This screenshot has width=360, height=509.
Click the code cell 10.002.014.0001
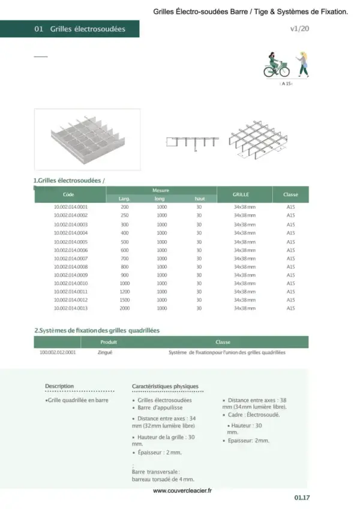point(71,207)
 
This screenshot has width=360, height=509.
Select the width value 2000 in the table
point(125,308)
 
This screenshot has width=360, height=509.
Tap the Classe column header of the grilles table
point(290,194)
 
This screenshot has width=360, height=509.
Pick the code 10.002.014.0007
point(71,258)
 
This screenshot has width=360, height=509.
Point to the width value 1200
point(125,291)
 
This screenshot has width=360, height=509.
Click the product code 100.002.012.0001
point(58,352)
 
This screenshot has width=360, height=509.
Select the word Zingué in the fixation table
point(105,352)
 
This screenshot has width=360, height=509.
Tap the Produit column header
point(109,342)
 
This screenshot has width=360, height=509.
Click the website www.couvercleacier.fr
point(182,490)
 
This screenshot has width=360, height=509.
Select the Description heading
point(59,386)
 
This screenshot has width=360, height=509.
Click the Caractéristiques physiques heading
point(165,386)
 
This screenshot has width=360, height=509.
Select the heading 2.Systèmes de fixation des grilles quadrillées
point(97,330)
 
